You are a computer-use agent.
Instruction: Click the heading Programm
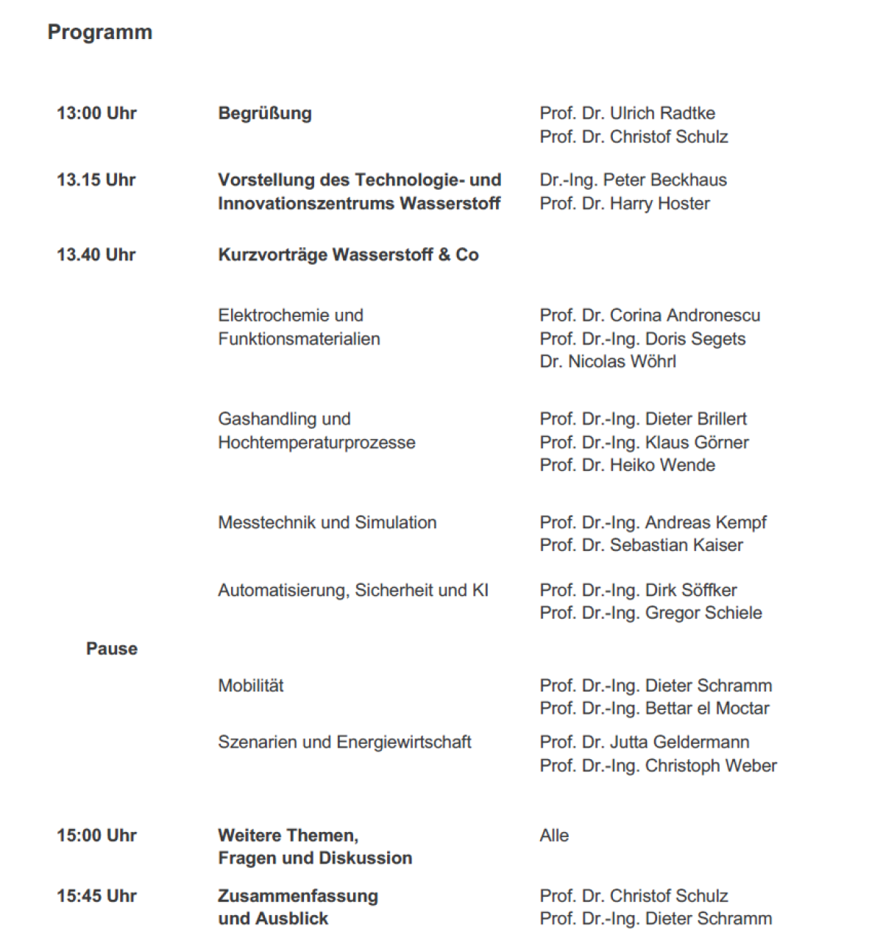(x=100, y=32)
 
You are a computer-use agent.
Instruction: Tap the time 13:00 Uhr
(x=96, y=113)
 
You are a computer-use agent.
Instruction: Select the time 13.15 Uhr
(x=96, y=180)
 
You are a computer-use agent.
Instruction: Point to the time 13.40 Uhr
(x=96, y=255)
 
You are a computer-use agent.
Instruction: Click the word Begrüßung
(x=265, y=113)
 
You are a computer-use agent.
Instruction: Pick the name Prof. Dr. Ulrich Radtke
(x=627, y=113)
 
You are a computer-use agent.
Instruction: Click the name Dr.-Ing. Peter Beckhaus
(x=633, y=180)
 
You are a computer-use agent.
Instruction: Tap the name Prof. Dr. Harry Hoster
(x=624, y=204)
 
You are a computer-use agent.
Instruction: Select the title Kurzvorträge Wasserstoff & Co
(x=348, y=255)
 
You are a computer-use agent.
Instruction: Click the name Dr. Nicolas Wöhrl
(x=607, y=362)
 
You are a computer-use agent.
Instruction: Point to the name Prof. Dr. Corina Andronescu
(x=650, y=316)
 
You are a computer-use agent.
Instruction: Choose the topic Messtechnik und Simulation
(x=327, y=523)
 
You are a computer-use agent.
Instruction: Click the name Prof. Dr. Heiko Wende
(x=627, y=466)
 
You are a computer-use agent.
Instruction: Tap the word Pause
(x=112, y=649)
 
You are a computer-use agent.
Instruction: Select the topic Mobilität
(x=250, y=686)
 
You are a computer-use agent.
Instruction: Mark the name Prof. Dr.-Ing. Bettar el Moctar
(x=654, y=708)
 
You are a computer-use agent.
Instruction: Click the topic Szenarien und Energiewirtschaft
(x=344, y=742)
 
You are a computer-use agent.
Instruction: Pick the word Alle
(x=554, y=836)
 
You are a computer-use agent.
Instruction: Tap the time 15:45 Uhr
(x=96, y=896)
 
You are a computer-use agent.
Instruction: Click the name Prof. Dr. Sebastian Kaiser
(x=641, y=545)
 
